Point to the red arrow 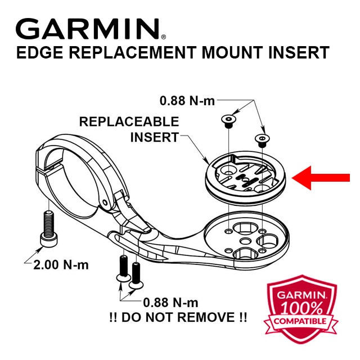[x=325, y=179]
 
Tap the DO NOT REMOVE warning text [x=177, y=317]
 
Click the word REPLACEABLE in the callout [x=129, y=121]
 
